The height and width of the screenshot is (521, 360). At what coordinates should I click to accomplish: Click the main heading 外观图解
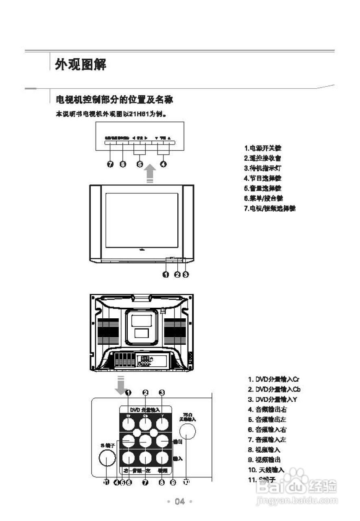click(81, 65)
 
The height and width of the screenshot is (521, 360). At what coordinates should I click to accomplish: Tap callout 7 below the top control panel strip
click(110, 164)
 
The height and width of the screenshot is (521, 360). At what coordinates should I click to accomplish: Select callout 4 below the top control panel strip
click(163, 164)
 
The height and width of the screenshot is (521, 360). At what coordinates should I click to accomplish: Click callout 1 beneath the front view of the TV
click(166, 274)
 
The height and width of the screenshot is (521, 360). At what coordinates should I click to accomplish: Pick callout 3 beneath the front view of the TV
click(185, 274)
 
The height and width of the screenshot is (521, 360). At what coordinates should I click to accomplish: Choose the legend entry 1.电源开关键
click(262, 148)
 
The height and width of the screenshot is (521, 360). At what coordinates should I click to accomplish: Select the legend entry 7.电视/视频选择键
click(270, 208)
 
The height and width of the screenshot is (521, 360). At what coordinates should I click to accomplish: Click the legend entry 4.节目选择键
click(262, 178)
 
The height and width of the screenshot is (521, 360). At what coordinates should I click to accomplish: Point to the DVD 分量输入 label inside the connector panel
click(145, 409)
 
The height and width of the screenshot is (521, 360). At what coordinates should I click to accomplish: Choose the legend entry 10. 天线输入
click(266, 470)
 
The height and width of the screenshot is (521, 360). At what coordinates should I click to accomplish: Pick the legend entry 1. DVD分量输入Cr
click(274, 379)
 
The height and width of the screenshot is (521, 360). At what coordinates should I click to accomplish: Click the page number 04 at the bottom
click(179, 501)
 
